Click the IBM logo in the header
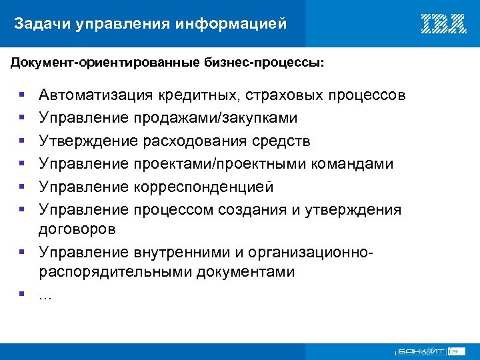point(443,24)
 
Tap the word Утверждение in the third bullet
point(88,141)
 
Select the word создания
point(253,210)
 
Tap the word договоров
point(77,229)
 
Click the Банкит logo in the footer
point(421,351)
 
